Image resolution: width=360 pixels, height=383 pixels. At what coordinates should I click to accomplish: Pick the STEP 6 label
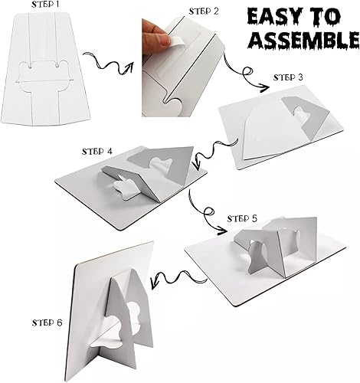(x=48, y=322)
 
